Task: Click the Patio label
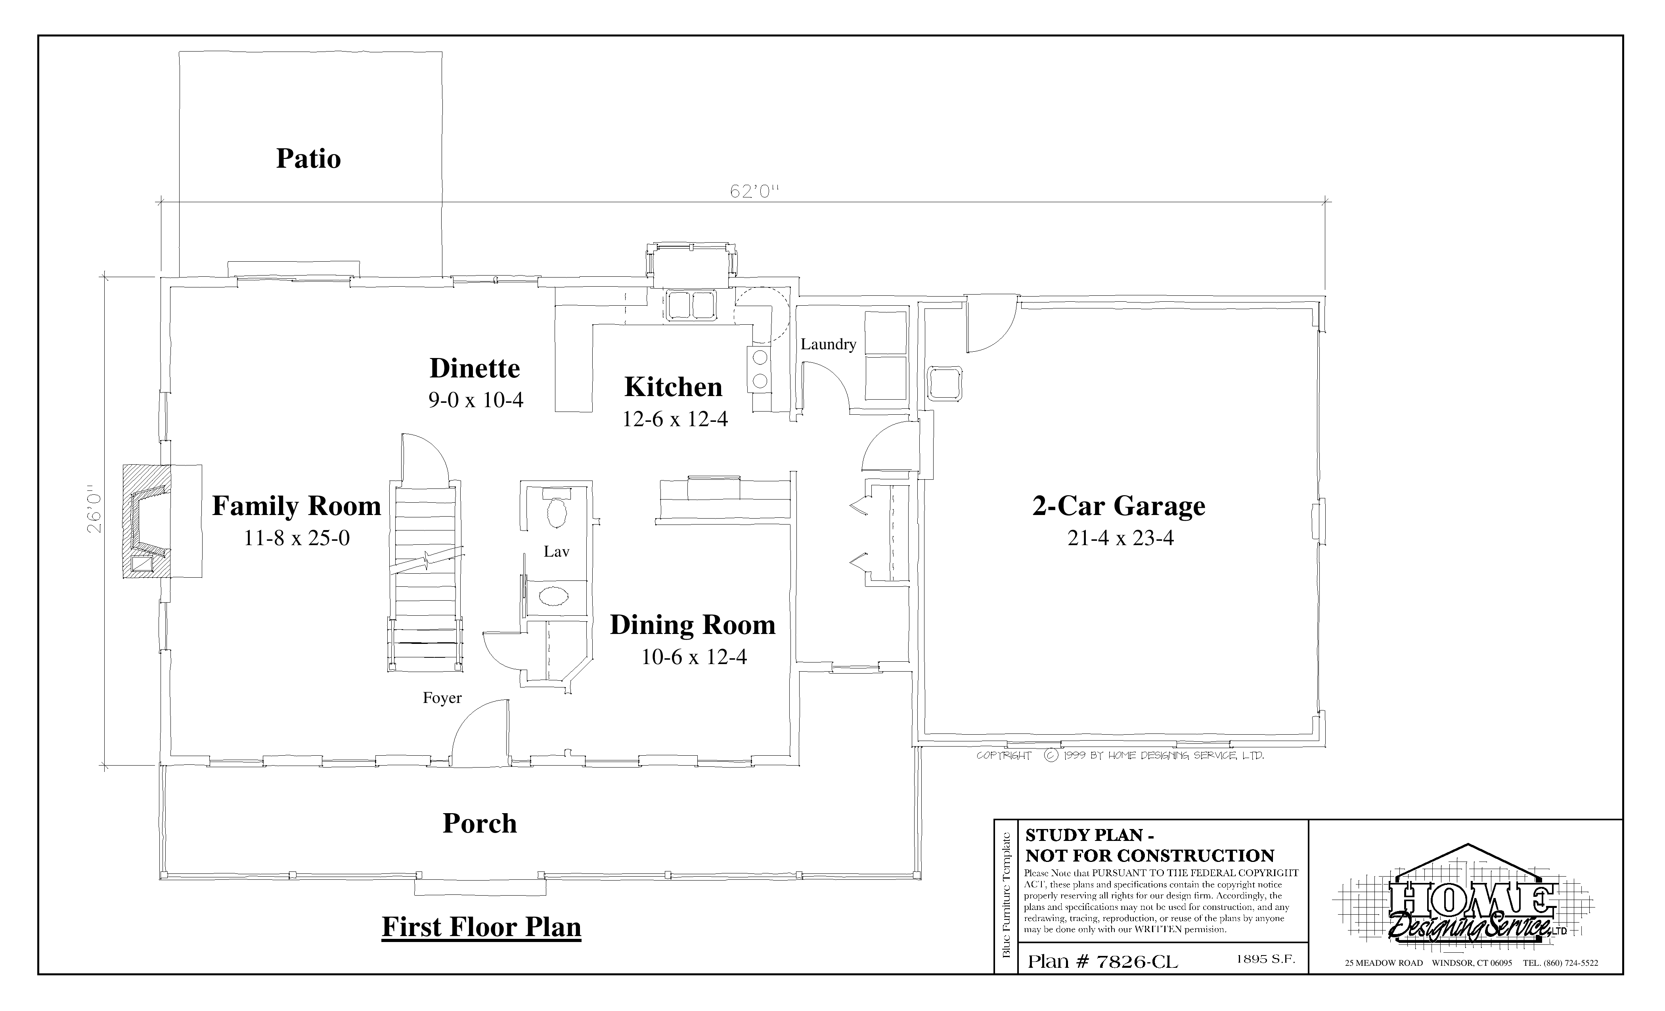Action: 308,159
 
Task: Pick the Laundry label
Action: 829,344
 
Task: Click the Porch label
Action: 480,823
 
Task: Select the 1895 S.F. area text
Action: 1266,959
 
